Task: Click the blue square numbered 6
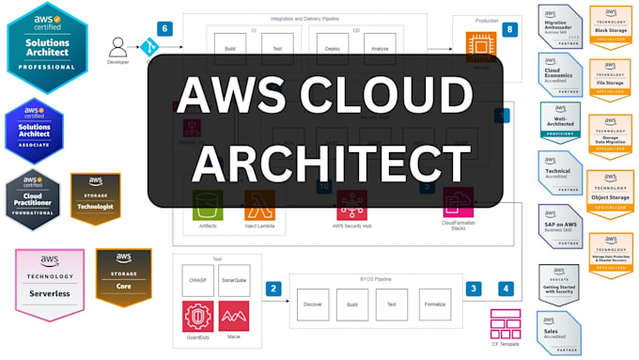[x=166, y=29]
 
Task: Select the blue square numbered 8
[x=509, y=30]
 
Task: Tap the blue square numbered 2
[x=273, y=289]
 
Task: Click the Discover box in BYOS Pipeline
[x=314, y=305]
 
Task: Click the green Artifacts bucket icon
[x=209, y=204]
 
